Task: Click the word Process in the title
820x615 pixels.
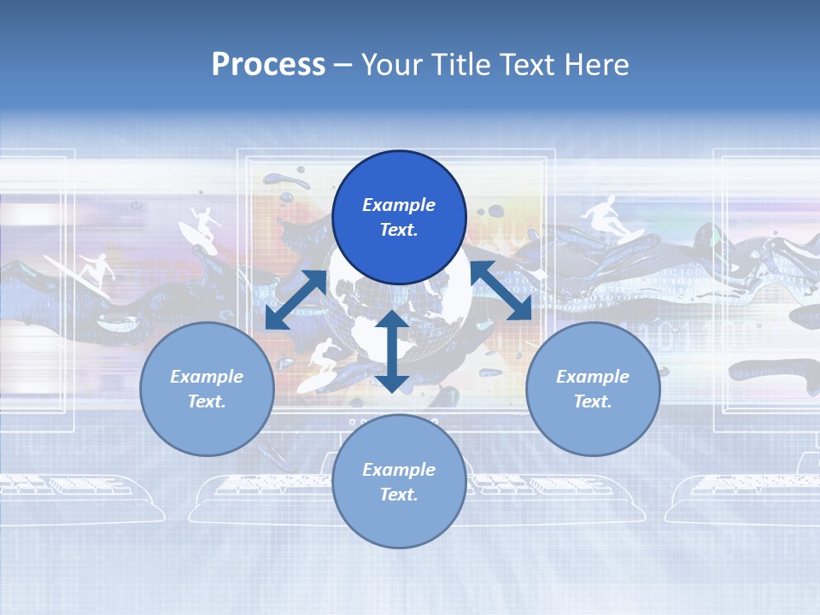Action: (x=268, y=64)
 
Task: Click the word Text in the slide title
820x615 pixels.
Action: (x=531, y=64)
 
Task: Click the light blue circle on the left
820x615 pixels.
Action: (x=207, y=389)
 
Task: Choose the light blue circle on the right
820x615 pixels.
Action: (x=593, y=389)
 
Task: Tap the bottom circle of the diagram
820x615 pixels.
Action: (x=399, y=481)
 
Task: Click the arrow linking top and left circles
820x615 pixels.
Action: (x=296, y=299)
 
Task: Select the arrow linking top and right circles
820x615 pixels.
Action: (x=501, y=290)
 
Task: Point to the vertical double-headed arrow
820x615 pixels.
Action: (x=391, y=351)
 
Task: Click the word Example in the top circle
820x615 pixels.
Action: (x=399, y=205)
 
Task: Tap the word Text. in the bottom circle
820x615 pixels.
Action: (x=399, y=495)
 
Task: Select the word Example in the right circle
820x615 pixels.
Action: (x=593, y=377)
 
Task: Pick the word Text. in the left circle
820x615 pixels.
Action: (x=207, y=401)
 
